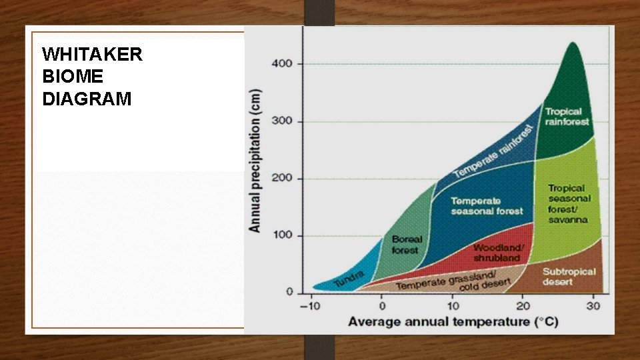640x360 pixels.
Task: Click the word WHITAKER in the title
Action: click(92, 55)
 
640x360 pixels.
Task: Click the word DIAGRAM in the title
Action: click(87, 100)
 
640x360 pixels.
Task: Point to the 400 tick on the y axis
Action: click(281, 64)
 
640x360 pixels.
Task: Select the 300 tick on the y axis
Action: click(281, 121)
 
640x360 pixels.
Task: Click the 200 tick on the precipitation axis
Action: click(281, 179)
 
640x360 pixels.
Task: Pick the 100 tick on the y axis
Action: click(281, 236)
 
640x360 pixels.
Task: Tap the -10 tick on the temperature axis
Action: click(309, 307)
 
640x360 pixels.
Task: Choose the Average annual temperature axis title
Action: click(453, 323)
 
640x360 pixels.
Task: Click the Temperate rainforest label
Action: click(495, 151)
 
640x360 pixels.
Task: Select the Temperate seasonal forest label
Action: click(487, 206)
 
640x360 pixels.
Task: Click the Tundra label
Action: click(348, 279)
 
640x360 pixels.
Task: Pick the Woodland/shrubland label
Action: click(498, 253)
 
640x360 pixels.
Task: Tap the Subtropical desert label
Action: click(568, 277)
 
